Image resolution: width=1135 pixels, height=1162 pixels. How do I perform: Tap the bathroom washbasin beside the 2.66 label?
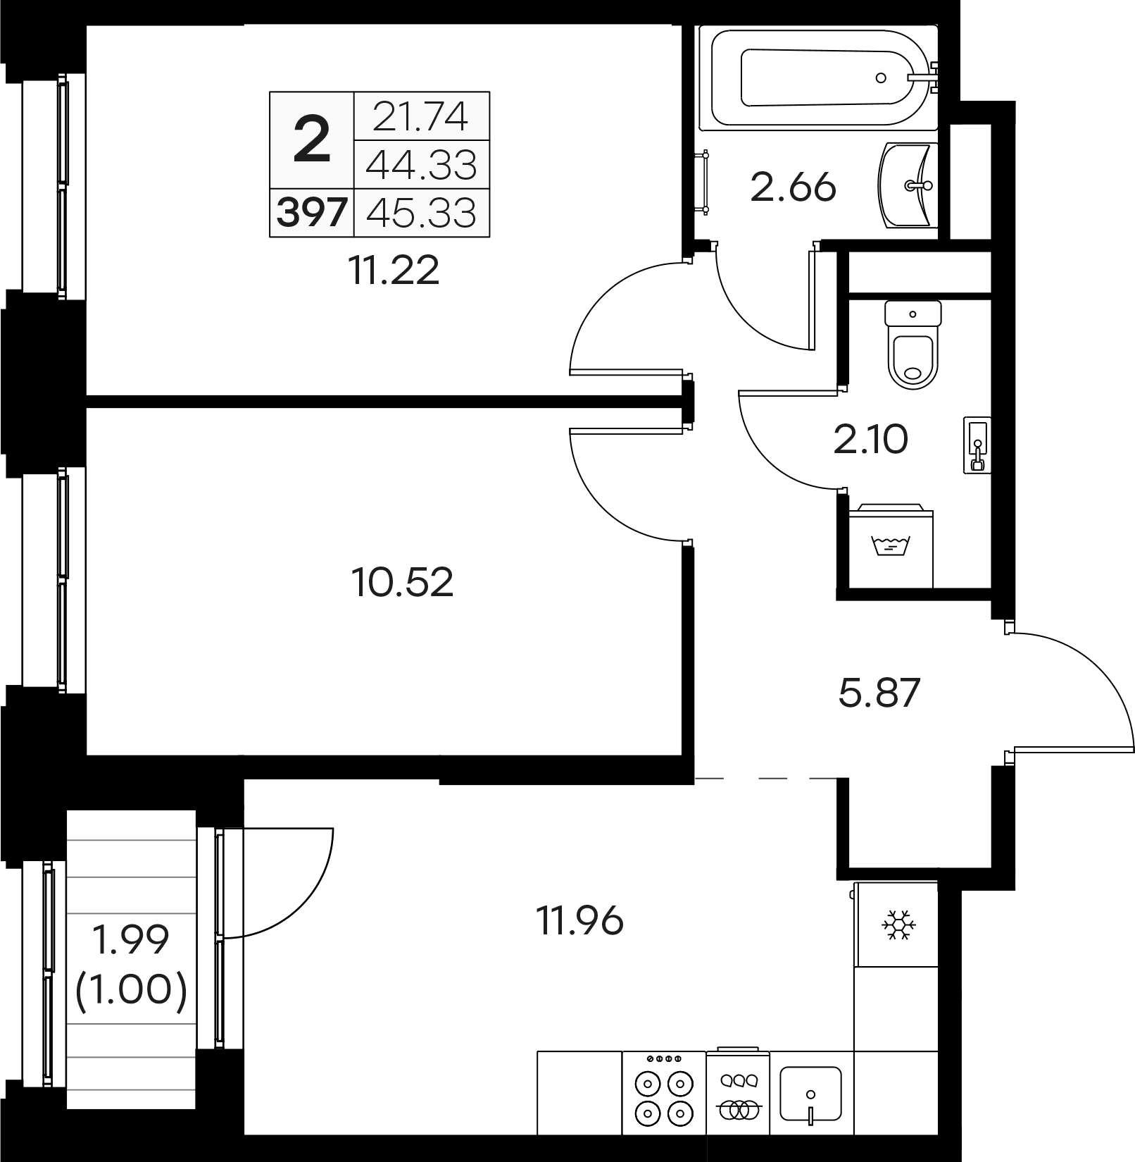908,185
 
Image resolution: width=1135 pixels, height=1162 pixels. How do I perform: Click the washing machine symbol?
891,546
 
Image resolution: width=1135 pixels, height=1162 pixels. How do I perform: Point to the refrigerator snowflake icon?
898,925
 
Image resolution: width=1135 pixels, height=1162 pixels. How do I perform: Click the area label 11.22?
394,270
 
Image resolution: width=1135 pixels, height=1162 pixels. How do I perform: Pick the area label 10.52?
402,582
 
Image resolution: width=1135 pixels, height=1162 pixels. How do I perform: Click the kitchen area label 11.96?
580,920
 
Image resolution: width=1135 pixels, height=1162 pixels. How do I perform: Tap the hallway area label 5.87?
879,692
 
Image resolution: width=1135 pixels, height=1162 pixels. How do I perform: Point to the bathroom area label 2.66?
794,187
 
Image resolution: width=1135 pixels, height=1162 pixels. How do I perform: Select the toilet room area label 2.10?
871,440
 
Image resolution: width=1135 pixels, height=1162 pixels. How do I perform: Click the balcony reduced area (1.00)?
132,989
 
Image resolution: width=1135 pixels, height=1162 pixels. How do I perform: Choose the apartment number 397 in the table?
312,212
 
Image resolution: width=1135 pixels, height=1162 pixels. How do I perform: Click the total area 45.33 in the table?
421,212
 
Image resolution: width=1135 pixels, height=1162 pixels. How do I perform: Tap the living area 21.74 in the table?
420,117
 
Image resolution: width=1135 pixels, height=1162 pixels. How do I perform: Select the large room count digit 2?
311,140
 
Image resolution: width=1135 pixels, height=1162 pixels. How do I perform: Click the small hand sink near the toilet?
977,445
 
